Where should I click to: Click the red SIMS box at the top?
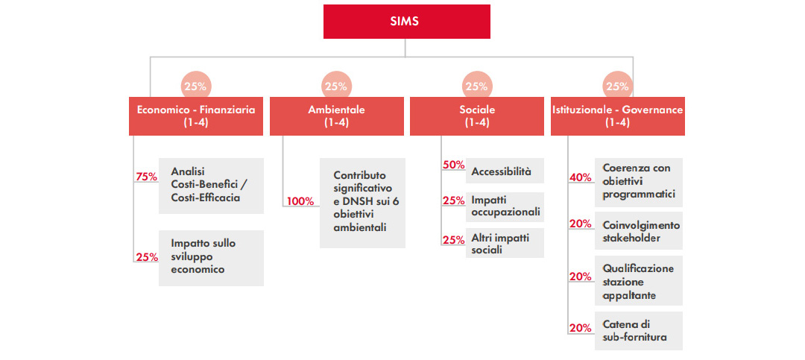(407, 22)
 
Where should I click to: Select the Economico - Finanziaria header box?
(195, 116)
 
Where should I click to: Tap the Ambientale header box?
(337, 116)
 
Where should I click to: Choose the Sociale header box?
(477, 116)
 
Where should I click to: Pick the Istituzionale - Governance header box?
(618, 116)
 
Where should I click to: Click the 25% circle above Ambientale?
(336, 86)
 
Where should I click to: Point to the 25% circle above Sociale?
(476, 86)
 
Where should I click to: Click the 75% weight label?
(146, 177)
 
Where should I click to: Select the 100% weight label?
(300, 201)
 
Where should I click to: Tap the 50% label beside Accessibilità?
(453, 165)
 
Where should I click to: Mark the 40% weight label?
(580, 177)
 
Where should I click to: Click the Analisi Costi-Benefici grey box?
(211, 186)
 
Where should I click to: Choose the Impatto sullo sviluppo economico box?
(211, 258)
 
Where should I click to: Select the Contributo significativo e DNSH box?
(362, 203)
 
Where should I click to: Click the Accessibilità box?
(505, 171)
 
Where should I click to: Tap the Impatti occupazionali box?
(505, 207)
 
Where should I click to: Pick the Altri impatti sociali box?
(505, 243)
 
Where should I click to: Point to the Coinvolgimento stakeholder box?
(639, 230)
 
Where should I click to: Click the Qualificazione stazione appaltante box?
(639, 280)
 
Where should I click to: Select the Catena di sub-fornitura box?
(639, 331)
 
